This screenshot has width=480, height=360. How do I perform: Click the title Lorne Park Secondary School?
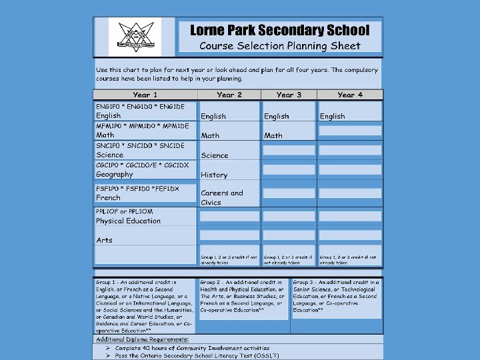(279, 31)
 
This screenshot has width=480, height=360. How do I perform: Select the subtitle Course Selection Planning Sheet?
(280, 46)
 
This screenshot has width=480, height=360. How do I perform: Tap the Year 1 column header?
(145, 95)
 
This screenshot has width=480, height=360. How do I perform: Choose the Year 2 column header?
(229, 95)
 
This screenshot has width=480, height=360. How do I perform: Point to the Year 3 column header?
(289, 95)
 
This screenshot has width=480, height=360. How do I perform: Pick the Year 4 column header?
(350, 95)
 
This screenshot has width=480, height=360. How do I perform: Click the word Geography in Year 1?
(115, 174)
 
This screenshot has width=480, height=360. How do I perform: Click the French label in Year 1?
(108, 197)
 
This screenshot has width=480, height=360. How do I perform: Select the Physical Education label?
(128, 221)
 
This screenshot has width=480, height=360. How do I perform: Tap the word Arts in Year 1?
(104, 240)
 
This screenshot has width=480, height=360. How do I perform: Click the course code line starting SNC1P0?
(140, 145)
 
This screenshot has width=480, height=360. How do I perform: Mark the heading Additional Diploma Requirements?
(142, 339)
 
